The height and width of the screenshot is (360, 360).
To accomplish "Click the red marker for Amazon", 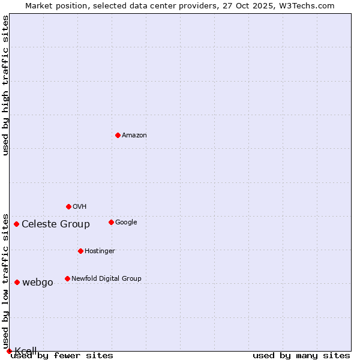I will [118, 135].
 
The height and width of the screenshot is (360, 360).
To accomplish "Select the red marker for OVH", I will [68, 206].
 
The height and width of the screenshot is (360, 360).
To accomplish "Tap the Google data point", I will [111, 222].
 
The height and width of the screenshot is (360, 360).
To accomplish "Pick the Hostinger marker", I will [80, 251].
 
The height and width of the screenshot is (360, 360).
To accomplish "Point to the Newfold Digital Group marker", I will [67, 278].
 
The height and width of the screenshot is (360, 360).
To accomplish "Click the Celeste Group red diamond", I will [16, 224].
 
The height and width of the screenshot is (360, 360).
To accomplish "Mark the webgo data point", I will [17, 282].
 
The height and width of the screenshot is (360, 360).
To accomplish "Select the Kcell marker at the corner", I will [9, 351].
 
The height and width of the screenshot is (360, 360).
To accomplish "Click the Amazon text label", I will [134, 136].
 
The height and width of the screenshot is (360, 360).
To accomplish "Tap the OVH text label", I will [80, 207].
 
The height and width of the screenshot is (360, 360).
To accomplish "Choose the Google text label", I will [126, 223].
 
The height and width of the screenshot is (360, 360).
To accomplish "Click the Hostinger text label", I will [100, 251].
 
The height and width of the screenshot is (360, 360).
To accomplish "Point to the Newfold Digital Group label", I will [106, 279].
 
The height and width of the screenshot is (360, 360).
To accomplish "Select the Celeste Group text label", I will [56, 224].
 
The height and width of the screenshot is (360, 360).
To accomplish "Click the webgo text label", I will [38, 283].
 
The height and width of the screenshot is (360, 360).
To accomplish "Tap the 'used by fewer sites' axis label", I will [62, 356].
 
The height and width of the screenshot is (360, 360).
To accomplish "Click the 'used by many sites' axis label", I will [301, 356].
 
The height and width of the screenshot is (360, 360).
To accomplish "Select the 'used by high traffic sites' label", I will [6, 85].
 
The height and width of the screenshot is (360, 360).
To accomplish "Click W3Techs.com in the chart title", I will [305, 6].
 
